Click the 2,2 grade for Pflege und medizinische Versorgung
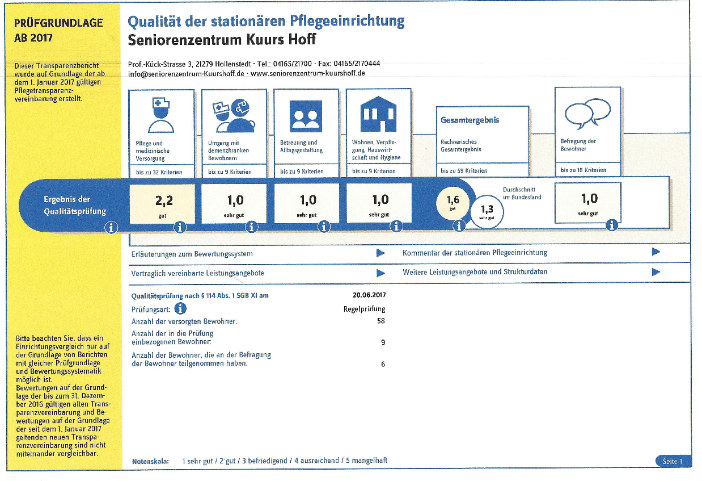coord(164,200)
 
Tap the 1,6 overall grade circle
coord(453,203)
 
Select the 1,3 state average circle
coord(487,212)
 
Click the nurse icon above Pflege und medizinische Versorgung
coord(161,115)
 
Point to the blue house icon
coord(378,114)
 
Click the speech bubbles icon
coord(587,113)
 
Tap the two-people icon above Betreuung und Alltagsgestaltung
coord(306,116)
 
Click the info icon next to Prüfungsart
coord(180,308)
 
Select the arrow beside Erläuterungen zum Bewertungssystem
coord(380,253)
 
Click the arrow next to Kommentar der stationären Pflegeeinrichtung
coord(656,252)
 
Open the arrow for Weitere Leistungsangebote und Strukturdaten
coord(656,271)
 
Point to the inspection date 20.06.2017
coord(369,295)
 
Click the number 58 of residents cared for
coord(381,321)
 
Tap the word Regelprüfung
coord(364,309)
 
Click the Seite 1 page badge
coord(673,461)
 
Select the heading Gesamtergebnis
coord(470,120)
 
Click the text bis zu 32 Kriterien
coord(159,172)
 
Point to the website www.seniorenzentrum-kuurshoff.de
coord(308,73)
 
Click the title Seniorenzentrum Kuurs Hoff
coord(222,40)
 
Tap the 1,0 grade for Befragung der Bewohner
coord(590,198)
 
